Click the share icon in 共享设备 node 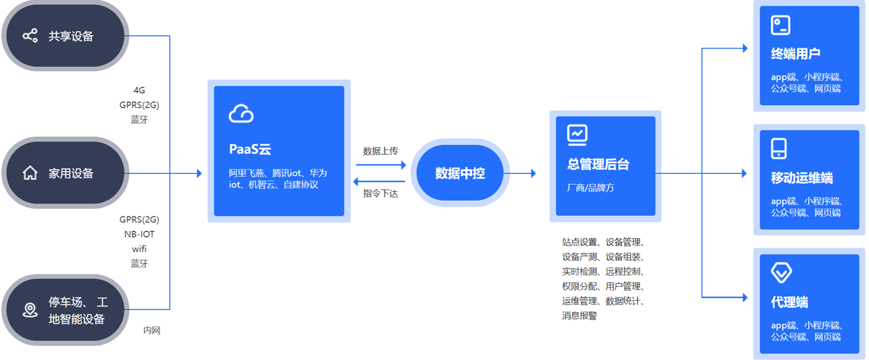click(30, 35)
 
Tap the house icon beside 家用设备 click(30, 173)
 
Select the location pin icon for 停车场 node click(30, 310)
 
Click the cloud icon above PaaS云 click(241, 113)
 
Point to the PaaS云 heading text click(250, 149)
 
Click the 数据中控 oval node click(460, 173)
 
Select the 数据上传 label click(380, 151)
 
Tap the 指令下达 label click(380, 193)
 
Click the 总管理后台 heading click(598, 164)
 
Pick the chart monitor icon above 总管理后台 click(577, 135)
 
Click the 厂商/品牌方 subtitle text click(590, 188)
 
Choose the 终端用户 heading click(795, 54)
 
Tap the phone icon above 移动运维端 click(778, 148)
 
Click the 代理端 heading click(789, 302)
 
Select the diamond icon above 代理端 click(781, 272)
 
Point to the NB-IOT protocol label click(139, 234)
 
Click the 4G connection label click(139, 91)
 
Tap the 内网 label click(151, 330)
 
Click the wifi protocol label click(139, 248)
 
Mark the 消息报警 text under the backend click(579, 316)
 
